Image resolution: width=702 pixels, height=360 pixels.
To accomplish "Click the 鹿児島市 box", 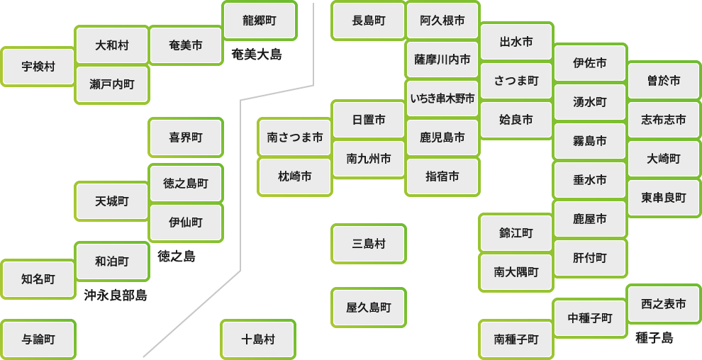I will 442,137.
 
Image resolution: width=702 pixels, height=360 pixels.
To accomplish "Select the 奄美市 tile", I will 186,45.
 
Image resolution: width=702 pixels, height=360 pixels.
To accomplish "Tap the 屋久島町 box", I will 369,308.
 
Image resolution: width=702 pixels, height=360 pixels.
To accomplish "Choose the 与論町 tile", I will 38,339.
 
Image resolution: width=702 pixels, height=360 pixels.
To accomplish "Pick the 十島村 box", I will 258,339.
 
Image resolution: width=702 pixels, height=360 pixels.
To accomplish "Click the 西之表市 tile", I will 664,304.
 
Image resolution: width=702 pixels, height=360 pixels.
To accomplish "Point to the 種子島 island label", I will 654,338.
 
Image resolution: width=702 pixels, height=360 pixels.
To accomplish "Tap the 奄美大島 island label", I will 257,55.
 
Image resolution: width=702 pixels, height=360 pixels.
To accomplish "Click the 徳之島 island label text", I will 177,256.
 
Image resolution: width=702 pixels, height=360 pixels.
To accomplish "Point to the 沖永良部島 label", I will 116,295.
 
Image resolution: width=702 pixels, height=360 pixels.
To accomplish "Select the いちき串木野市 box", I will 442,99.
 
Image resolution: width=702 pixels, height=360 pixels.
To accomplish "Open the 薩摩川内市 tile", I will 442,60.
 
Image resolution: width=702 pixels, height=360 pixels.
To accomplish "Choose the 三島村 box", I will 369,244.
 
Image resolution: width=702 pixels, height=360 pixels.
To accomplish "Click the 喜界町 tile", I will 186,137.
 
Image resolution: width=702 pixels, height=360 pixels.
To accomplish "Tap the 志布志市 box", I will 664,120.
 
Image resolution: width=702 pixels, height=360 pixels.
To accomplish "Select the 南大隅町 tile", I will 516,272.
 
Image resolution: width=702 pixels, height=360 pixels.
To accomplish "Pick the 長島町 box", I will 369,21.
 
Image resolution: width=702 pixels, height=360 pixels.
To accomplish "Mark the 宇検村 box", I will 38,67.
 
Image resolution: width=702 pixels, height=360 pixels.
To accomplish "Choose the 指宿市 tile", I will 442,176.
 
